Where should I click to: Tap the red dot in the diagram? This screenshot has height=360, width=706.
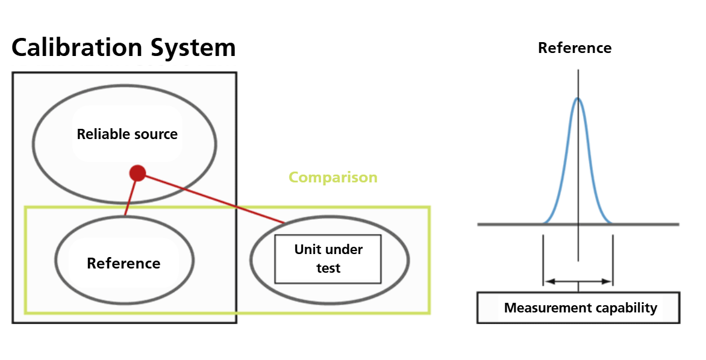point(138,173)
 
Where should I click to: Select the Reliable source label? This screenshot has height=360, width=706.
point(127,134)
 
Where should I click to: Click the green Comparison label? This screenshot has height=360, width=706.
point(333,178)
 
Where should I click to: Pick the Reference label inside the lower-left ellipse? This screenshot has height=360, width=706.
point(123,264)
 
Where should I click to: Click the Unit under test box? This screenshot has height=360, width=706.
point(328,259)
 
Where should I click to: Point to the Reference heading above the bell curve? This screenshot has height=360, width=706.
point(574,48)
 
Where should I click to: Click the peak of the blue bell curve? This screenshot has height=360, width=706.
point(578,99)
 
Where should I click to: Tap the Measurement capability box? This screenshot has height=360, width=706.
point(578,308)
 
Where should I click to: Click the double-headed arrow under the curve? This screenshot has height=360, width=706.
point(578,281)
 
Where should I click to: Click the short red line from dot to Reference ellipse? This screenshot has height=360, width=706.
point(131,196)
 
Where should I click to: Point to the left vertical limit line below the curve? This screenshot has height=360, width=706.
point(543,259)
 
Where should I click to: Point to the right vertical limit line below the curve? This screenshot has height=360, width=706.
point(613,259)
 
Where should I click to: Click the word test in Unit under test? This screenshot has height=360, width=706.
point(328,268)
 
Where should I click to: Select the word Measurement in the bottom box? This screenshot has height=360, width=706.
point(543,308)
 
